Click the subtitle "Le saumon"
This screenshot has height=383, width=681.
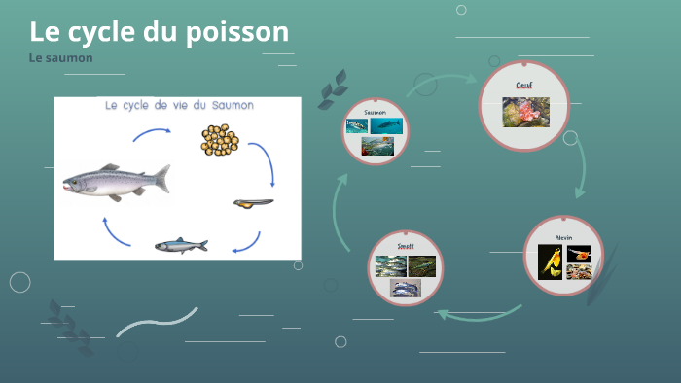[60, 58]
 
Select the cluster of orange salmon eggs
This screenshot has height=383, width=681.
[220, 141]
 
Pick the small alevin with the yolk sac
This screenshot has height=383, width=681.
[253, 203]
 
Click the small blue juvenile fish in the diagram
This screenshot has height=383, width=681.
[181, 245]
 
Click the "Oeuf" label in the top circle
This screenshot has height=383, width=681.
[524, 86]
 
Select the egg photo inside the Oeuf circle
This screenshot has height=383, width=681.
[525, 111]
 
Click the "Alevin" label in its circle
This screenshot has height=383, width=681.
[564, 237]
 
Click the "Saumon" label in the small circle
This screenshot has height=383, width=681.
[376, 113]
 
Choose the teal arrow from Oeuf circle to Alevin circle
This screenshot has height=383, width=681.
[581, 172]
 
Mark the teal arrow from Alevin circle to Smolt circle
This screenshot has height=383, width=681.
[477, 312]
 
